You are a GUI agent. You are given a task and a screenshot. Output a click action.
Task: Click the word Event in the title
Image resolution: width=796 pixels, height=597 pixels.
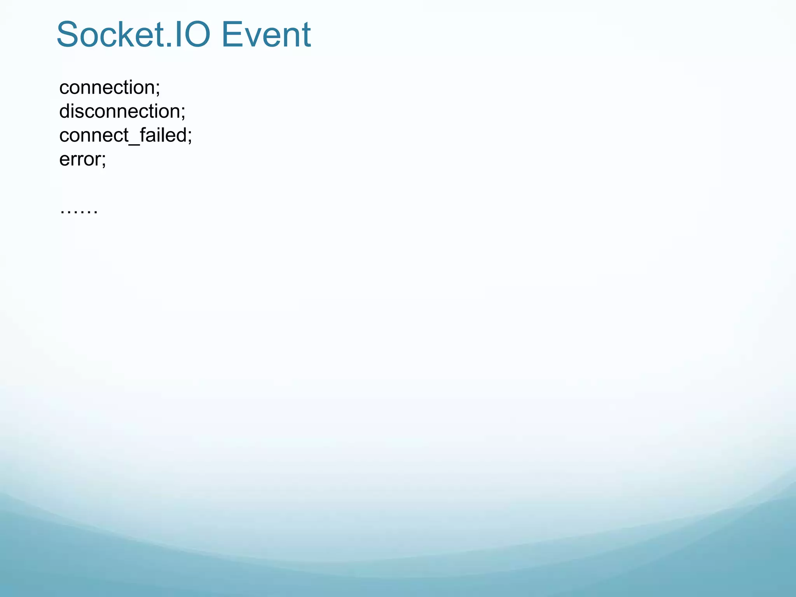(x=266, y=35)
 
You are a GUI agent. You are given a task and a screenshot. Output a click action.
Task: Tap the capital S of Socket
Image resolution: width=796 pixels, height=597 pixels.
(x=68, y=35)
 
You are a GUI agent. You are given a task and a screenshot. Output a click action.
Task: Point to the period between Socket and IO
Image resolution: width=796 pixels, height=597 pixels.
(x=168, y=46)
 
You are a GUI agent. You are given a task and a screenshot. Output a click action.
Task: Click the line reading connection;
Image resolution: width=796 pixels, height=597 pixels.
(x=110, y=87)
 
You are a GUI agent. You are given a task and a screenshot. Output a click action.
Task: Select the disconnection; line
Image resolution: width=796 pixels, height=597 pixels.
(x=122, y=112)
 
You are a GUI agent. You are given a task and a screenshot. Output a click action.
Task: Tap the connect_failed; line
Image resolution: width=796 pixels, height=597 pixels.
(x=126, y=136)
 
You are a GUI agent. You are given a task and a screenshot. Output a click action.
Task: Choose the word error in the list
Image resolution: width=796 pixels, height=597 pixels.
(x=80, y=159)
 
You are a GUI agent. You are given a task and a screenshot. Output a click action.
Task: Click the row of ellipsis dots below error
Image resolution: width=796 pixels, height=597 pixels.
(x=79, y=212)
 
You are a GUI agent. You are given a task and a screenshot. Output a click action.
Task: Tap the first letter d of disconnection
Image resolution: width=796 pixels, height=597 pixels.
(x=65, y=112)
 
